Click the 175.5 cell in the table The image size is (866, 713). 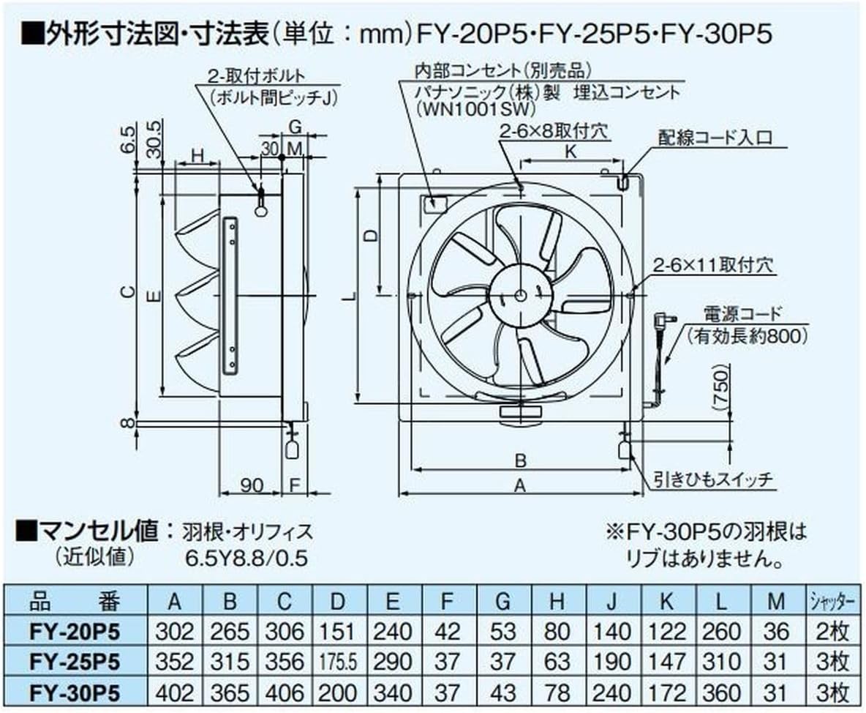tap(337, 662)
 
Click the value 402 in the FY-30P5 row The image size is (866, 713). tap(174, 692)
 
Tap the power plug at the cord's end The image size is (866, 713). tap(663, 319)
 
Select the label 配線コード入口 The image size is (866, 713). tap(715, 138)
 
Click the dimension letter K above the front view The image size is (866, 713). tap(571, 152)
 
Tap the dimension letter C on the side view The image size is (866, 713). tap(128, 293)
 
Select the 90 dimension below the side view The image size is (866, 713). tap(252, 485)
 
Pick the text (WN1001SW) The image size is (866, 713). tap(467, 109)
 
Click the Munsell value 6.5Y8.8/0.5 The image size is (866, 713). tap(246, 559)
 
